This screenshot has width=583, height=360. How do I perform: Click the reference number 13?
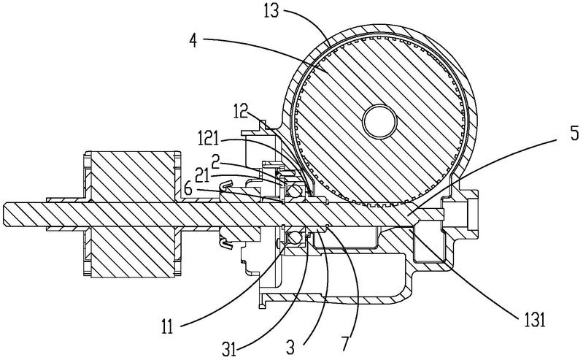tap(271, 12)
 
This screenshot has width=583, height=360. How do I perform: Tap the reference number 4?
tap(192, 41)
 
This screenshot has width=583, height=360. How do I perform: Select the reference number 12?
tap(241, 111)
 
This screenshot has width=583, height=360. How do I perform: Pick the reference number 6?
tap(188, 189)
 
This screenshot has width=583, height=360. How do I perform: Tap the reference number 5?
tap(574, 133)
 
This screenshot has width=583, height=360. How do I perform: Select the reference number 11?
tap(167, 327)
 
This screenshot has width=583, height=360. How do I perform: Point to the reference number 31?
tap(230, 349)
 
